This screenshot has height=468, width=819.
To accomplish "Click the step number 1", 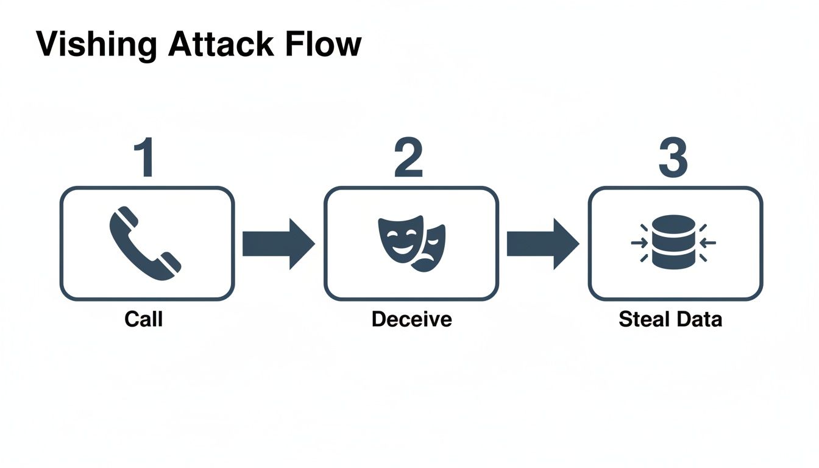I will (x=145, y=158).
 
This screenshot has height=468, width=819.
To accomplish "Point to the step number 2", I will (x=409, y=158).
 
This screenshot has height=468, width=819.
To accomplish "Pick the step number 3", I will (x=673, y=158).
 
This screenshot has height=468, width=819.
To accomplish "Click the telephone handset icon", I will (x=145, y=244).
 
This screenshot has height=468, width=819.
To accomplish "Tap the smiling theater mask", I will (x=399, y=238).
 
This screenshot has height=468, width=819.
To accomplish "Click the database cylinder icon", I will (x=673, y=242).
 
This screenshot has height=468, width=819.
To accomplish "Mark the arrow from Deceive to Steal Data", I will (x=542, y=244).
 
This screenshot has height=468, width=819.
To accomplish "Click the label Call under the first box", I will (x=144, y=319).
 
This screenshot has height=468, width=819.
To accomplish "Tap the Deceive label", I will (x=411, y=319).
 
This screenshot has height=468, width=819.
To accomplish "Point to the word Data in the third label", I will (x=701, y=319).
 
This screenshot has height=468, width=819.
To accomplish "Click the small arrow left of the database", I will (x=639, y=243).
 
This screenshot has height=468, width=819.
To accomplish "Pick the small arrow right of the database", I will (x=708, y=243).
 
